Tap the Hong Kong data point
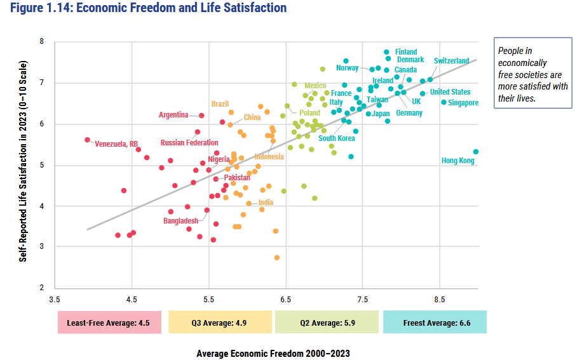point(476,152)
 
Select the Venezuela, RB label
point(116,144)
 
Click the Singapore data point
point(444,102)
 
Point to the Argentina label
point(173,115)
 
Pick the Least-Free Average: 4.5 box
point(109,323)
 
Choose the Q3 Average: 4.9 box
point(219,323)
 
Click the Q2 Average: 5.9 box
point(327,323)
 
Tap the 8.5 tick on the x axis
point(440,299)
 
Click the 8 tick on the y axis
point(41,42)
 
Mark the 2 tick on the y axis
point(41,288)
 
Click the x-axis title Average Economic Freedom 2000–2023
point(273,353)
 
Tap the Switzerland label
point(451,61)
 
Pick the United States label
point(450,92)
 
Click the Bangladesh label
point(181,221)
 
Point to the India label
point(266,203)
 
